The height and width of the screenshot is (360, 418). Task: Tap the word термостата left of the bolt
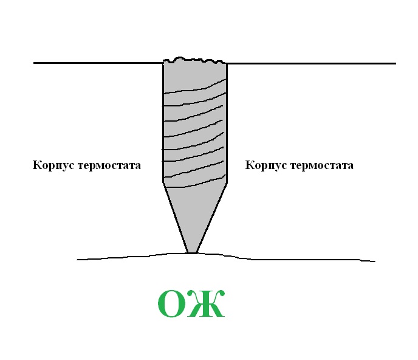109,166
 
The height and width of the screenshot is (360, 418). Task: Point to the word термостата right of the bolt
322,166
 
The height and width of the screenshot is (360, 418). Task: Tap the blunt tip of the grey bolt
192,252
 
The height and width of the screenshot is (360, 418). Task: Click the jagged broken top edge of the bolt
194,60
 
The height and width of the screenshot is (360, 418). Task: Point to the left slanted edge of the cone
176,218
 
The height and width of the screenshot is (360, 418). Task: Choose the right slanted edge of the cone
211,218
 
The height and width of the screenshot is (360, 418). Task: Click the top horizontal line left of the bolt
98,63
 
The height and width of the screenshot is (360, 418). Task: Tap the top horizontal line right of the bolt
311,63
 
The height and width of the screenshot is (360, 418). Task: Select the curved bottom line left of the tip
132,256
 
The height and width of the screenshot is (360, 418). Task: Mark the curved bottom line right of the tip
286,258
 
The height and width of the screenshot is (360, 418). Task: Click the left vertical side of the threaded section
163,123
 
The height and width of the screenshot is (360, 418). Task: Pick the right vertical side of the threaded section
227,123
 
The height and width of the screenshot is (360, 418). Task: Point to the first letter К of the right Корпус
249,165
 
